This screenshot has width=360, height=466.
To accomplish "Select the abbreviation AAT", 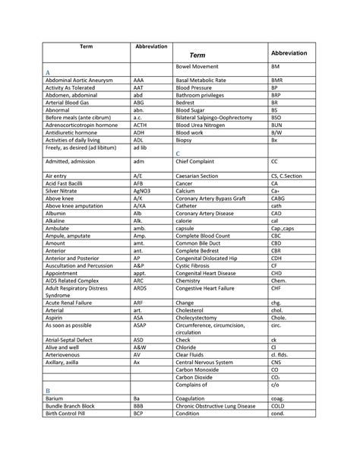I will click(139, 87).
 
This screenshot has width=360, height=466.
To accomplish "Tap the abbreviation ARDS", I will click(141, 290).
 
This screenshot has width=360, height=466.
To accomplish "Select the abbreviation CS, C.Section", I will click(286, 176).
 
